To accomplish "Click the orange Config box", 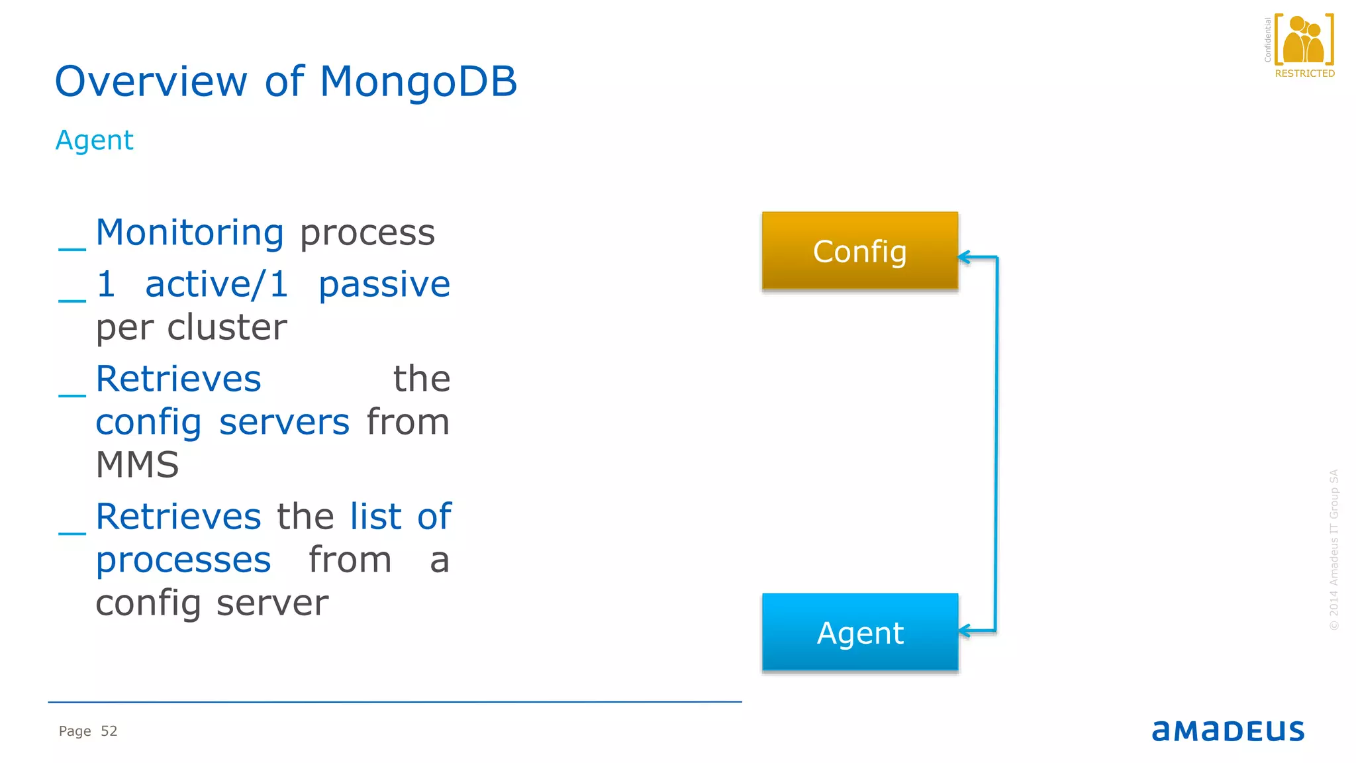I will point(859,251).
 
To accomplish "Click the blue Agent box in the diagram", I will point(859,633).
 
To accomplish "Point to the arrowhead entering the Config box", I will point(964,257).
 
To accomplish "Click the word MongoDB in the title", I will point(418,81).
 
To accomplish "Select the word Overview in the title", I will point(151,81).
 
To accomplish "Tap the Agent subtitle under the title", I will point(94,140).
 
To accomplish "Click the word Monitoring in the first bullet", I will point(189,232).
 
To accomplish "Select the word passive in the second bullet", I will point(384,285).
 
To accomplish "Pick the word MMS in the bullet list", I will point(137,464).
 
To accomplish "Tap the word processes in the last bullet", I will point(183,560).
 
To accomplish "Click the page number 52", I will point(109,731).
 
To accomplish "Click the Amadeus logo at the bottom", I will point(1228,731).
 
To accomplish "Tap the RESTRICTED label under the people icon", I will point(1304,74).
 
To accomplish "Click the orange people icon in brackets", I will point(1304,40).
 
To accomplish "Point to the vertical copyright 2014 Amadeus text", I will point(1333,550).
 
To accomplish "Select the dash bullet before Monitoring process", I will point(72,248).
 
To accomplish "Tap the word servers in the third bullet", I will point(284,423).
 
